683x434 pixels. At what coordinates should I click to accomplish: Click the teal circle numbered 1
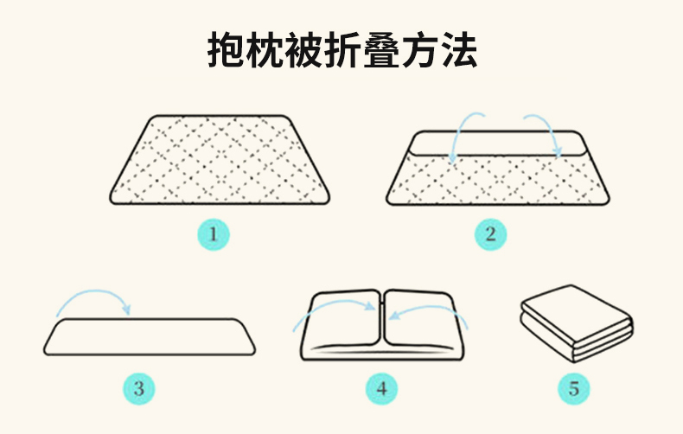(214, 234)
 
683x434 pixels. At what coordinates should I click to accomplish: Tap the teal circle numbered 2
(490, 234)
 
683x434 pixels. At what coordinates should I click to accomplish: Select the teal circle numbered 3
(138, 389)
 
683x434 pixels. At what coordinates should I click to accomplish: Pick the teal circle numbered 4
(381, 389)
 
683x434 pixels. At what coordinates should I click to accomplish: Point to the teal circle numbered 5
(574, 389)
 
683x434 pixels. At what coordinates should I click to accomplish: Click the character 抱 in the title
(225, 50)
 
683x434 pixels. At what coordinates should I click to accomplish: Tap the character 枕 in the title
(265, 50)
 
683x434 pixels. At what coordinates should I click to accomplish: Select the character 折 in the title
(342, 50)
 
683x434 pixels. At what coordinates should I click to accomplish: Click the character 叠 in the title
(381, 50)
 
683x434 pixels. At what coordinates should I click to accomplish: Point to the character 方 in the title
(420, 50)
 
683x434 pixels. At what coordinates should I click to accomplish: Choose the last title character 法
(459, 50)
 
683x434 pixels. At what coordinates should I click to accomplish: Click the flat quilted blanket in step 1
(220, 160)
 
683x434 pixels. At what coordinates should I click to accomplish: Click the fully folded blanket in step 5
(577, 323)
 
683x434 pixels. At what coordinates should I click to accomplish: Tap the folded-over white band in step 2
(498, 144)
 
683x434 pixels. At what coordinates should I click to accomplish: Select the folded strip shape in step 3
(150, 337)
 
